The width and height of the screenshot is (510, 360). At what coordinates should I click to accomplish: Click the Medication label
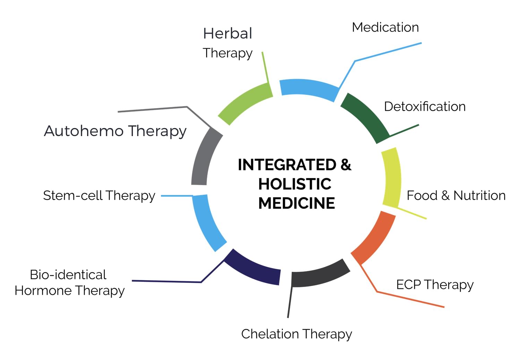[385, 27]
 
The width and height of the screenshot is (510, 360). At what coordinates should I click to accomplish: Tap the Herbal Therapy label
[228, 43]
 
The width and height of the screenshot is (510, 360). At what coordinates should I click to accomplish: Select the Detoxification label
[425, 107]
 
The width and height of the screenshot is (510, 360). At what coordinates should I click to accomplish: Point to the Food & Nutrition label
[456, 195]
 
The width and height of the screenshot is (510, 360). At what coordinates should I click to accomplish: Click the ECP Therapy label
[435, 285]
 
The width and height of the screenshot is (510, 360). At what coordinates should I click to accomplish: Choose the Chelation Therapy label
[297, 334]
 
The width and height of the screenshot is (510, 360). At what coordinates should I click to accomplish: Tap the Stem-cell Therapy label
[99, 195]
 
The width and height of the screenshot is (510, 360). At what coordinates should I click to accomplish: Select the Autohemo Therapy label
[115, 131]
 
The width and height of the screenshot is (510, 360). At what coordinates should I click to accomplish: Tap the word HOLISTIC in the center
[295, 184]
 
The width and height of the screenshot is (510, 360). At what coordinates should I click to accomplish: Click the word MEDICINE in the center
[297, 203]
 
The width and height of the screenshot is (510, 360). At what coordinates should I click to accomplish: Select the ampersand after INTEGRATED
[346, 165]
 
